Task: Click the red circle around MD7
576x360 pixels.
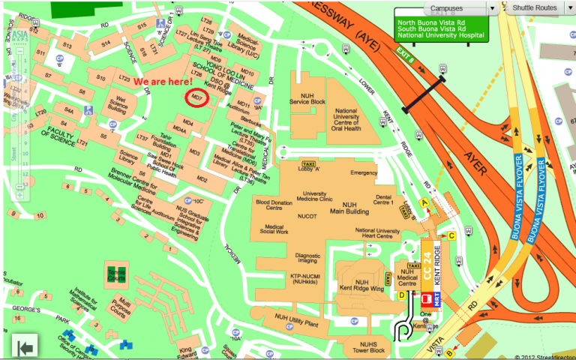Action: point(198,98)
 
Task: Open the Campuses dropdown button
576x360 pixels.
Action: point(458,7)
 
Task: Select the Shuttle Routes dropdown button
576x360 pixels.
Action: point(537,7)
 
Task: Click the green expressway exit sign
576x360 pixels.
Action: point(442,28)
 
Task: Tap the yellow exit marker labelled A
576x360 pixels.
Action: point(424,202)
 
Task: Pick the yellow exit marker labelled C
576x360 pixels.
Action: point(451,236)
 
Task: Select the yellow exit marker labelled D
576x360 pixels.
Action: point(402,295)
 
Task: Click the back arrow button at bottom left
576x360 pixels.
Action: point(25,346)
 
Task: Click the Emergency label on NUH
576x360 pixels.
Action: point(364,173)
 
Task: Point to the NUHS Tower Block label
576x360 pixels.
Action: point(367,347)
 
